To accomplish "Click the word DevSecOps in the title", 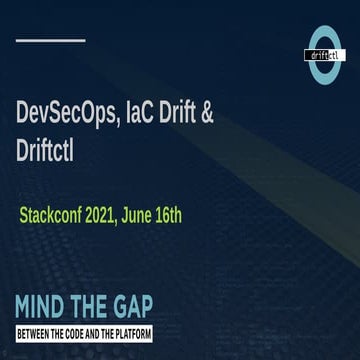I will [x=64, y=113].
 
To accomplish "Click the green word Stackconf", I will [x=52, y=216].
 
